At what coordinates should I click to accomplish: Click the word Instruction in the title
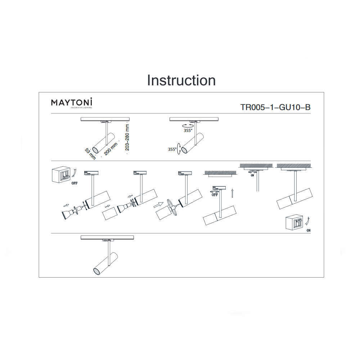[x=181, y=80]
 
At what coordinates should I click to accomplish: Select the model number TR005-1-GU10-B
[x=275, y=107]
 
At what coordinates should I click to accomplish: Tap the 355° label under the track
[x=188, y=131]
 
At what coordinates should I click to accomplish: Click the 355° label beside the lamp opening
[x=171, y=149]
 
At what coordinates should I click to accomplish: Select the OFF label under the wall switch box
[x=74, y=183]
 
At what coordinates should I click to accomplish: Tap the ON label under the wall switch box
[x=308, y=230]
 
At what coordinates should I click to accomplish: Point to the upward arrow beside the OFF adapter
[x=233, y=193]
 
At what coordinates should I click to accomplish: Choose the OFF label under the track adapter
[x=215, y=195]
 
